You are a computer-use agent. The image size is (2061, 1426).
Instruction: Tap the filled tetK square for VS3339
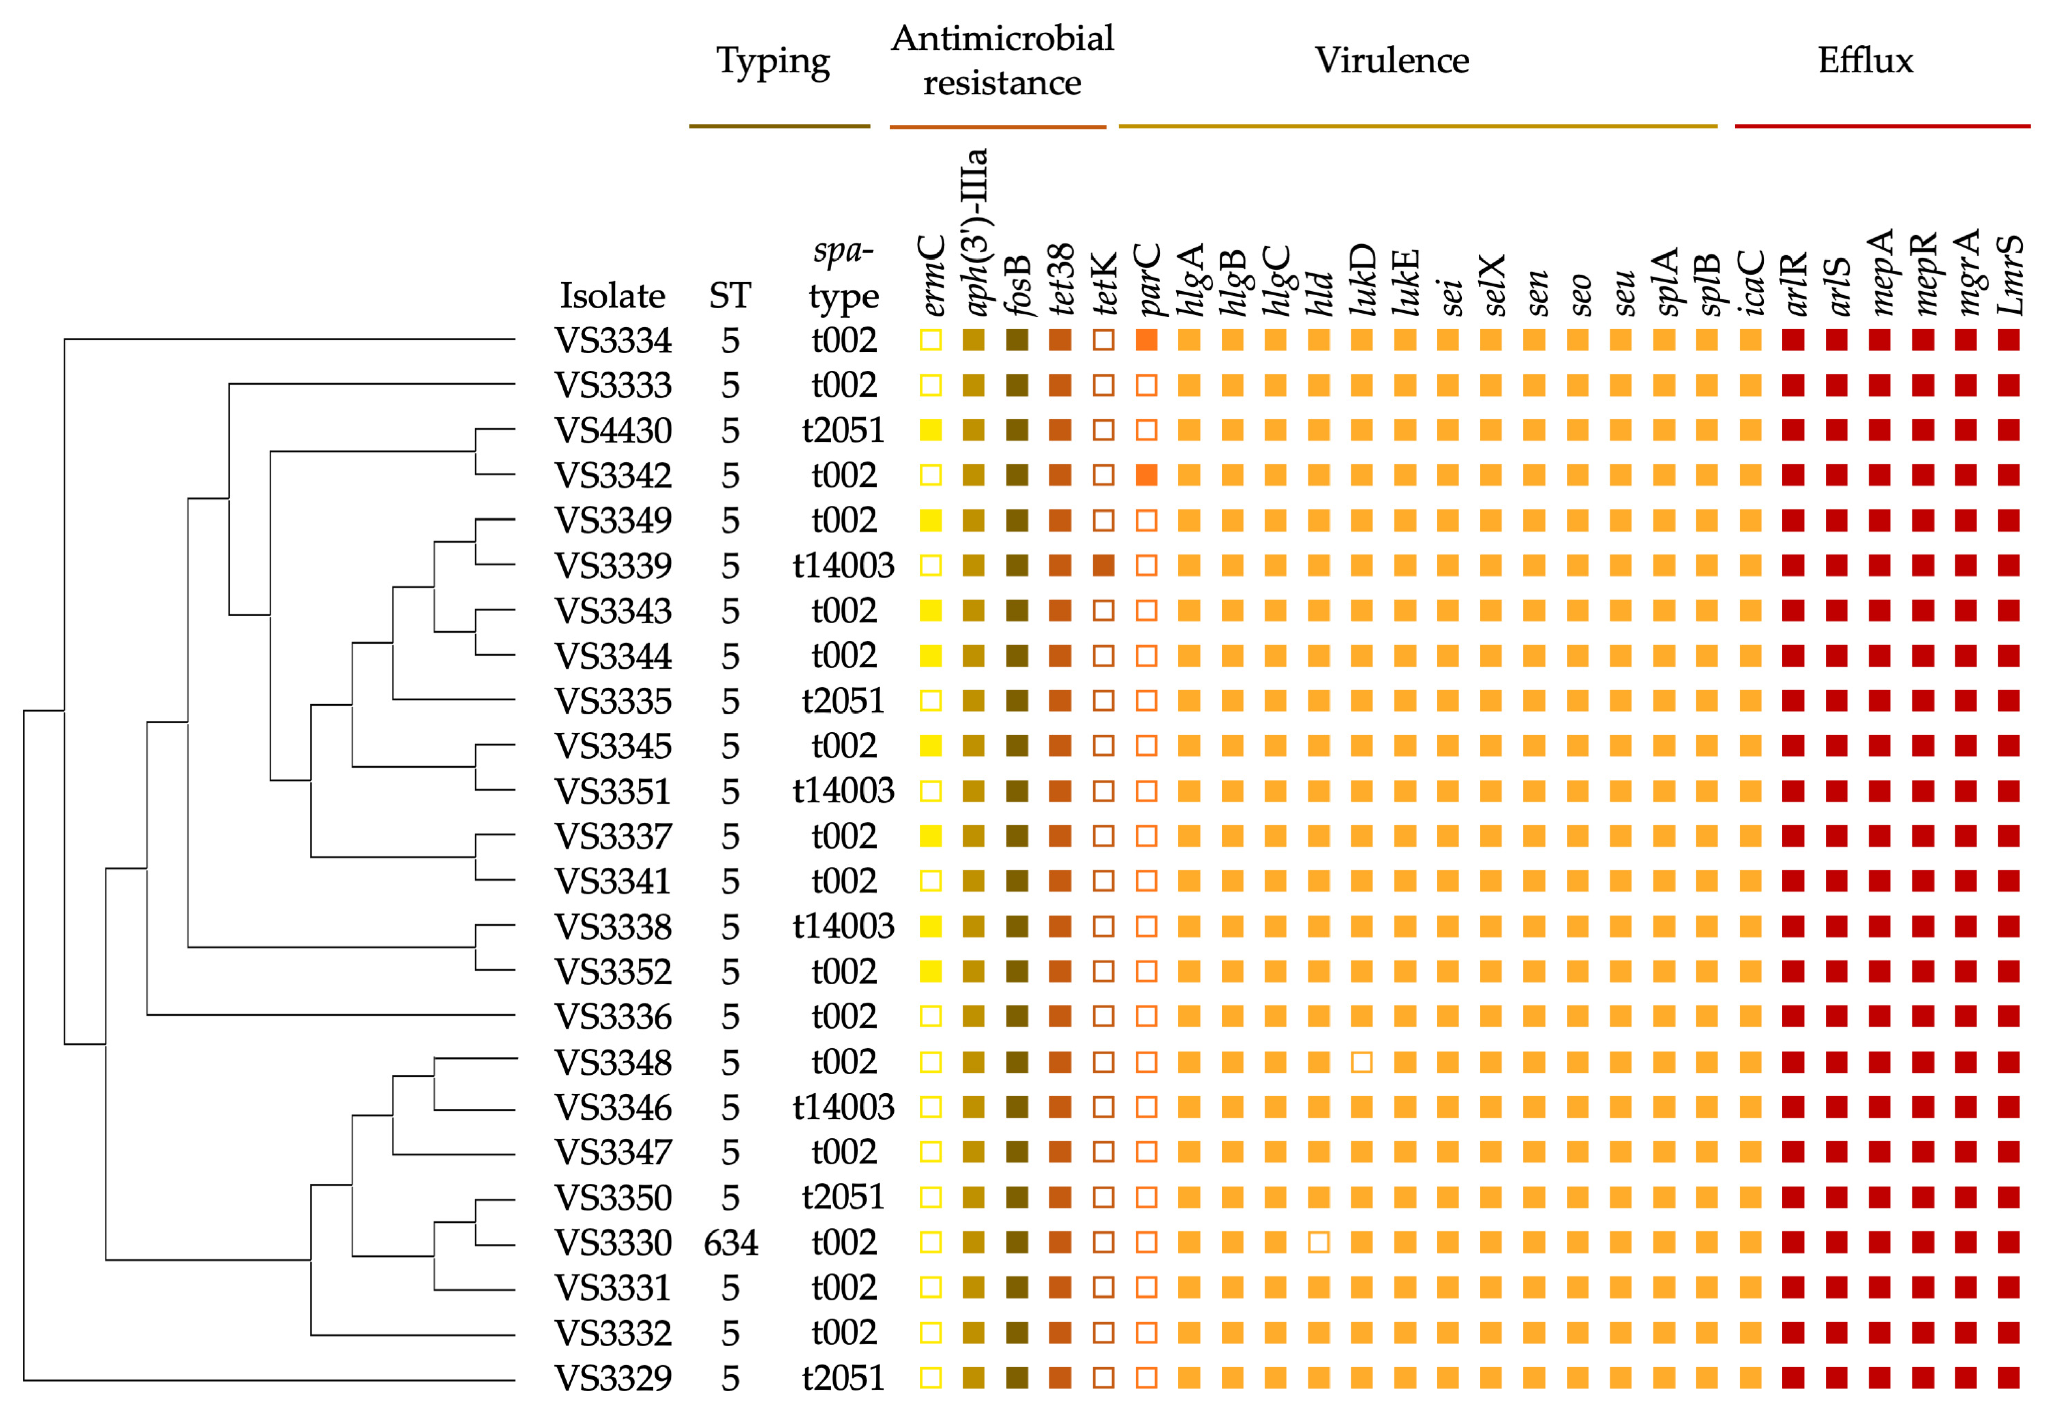click(1103, 565)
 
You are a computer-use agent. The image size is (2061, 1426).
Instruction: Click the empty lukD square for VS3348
click(1362, 1062)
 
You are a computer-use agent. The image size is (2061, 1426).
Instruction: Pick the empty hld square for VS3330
click(1318, 1242)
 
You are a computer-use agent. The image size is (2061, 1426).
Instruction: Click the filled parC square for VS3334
click(1146, 341)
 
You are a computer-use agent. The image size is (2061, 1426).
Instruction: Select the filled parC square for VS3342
click(1146, 475)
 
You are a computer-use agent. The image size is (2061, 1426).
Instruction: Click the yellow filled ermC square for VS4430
click(931, 431)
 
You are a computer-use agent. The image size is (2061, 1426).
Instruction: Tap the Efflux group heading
click(1866, 61)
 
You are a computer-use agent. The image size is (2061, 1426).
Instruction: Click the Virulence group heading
click(1391, 61)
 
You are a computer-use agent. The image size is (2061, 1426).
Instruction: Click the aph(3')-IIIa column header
click(975, 232)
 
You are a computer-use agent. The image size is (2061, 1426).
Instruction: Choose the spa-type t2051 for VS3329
click(843, 1378)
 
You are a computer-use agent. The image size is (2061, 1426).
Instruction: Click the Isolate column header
click(612, 296)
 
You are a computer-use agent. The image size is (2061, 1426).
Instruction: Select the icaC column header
click(1751, 282)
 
